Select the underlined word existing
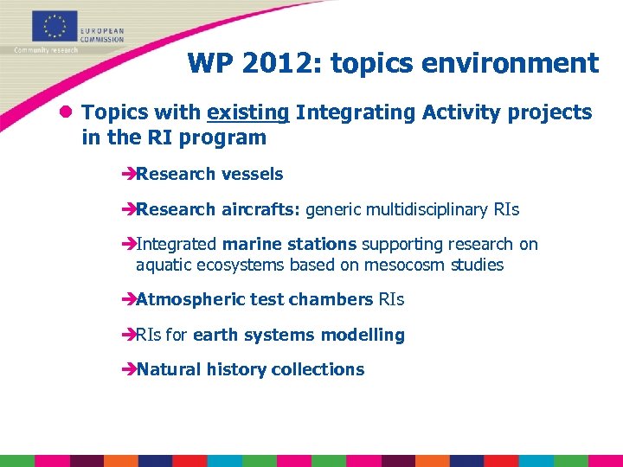tap(247, 112)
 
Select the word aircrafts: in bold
tap(260, 210)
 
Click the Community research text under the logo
tap(45, 50)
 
